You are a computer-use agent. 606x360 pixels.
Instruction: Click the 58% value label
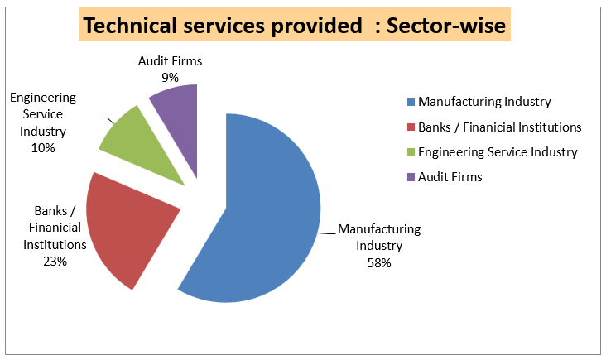pos(379,263)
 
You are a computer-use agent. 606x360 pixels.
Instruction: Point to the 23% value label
pos(56,261)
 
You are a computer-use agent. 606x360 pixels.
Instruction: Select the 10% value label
pos(43,147)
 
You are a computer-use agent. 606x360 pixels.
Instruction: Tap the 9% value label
pos(170,76)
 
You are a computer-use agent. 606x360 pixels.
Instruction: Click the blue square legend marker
pos(411,103)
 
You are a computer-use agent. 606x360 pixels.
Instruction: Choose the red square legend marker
pos(411,127)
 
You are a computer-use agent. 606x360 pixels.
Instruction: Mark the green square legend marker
pos(411,152)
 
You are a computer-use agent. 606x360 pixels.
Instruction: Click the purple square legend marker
pos(411,177)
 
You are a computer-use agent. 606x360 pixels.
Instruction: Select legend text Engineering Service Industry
pos(498,152)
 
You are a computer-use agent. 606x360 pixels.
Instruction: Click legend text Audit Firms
pos(450,177)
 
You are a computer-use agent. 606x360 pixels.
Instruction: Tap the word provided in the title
pos(303,26)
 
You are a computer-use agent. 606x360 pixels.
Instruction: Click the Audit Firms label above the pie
pos(170,60)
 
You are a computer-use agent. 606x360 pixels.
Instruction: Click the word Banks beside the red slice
pos(51,210)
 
